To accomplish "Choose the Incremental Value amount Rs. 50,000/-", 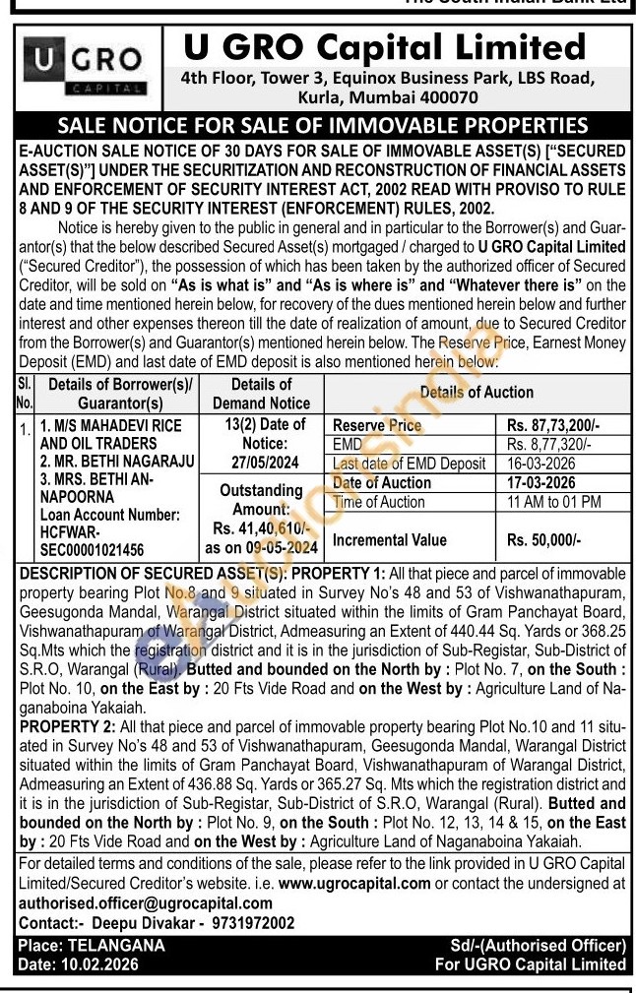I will tap(544, 539).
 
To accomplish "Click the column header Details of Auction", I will tap(477, 392).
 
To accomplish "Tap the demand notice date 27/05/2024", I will tap(260, 460).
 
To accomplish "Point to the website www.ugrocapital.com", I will tap(354, 883).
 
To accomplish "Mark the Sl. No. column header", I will tap(25, 393).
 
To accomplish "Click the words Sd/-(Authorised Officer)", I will tap(532, 945).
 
